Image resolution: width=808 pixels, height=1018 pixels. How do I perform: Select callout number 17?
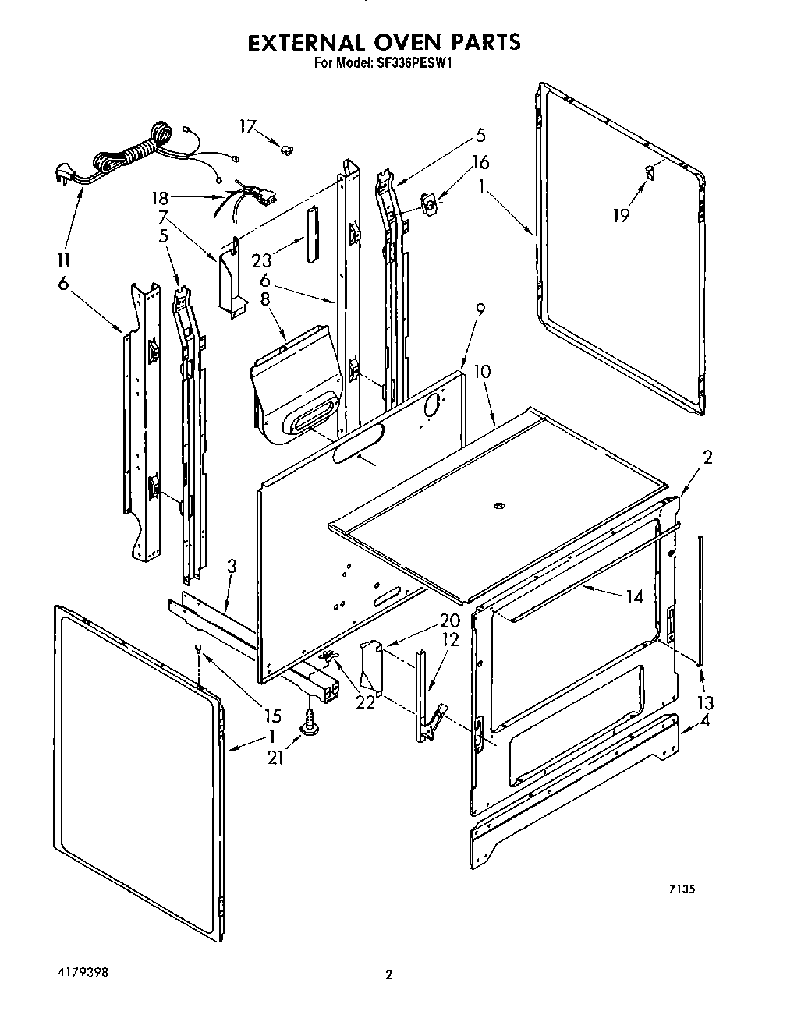pos(248,127)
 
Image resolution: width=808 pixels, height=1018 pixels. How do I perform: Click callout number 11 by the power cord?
pos(64,260)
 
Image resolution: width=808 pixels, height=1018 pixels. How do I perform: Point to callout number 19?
pos(621,215)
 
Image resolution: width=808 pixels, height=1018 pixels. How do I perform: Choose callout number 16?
pos(480,162)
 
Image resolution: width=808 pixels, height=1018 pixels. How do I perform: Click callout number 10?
pos(482,371)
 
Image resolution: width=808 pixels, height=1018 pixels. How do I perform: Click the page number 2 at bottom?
pos(388,974)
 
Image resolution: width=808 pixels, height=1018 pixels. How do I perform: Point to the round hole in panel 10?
pos(497,507)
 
